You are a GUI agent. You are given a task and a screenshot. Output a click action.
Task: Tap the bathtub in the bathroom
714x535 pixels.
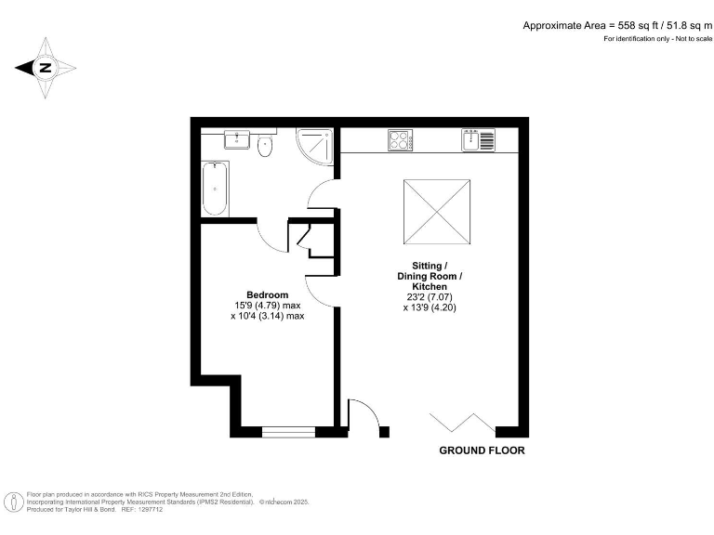pos(215,189)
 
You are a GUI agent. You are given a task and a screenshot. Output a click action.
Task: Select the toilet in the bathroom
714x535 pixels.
pos(266,146)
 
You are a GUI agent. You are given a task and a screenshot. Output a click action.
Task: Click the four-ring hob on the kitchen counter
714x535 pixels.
pos(400,141)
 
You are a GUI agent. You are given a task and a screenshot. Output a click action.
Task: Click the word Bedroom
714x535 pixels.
pos(267,295)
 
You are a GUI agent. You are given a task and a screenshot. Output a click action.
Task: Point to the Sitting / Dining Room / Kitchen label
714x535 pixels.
pos(430,277)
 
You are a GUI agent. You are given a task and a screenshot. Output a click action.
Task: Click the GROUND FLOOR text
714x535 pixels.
pos(482,450)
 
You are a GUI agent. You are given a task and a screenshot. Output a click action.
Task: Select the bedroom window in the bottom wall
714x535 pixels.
pos(289,431)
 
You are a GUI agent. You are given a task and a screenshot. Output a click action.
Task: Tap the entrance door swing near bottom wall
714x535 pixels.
pos(363,416)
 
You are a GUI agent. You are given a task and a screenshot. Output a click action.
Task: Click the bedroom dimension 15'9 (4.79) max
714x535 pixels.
pos(268,306)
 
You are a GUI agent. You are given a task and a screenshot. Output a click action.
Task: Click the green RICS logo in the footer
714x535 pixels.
pos(16,502)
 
